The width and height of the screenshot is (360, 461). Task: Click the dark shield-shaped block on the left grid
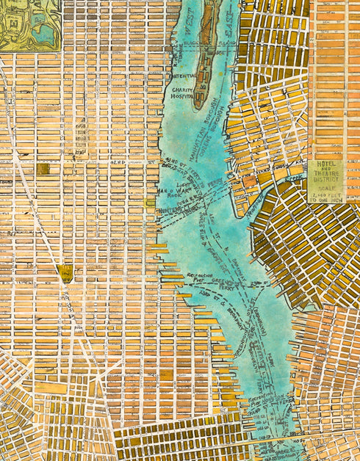[x=66, y=274]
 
